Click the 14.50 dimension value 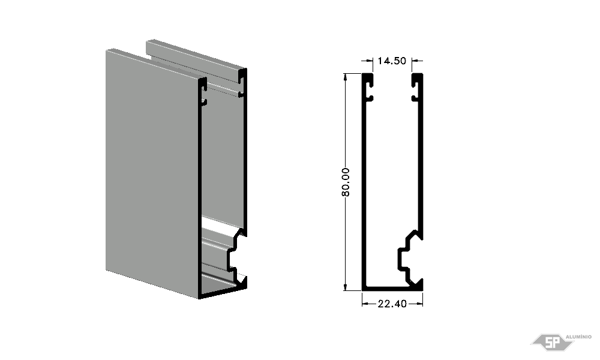392,61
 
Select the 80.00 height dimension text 346,182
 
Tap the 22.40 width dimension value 392,304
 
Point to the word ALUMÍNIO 578,337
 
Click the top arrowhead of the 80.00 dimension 346,77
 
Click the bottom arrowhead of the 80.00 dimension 346,287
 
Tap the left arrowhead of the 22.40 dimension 365,304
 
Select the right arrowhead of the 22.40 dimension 419,304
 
